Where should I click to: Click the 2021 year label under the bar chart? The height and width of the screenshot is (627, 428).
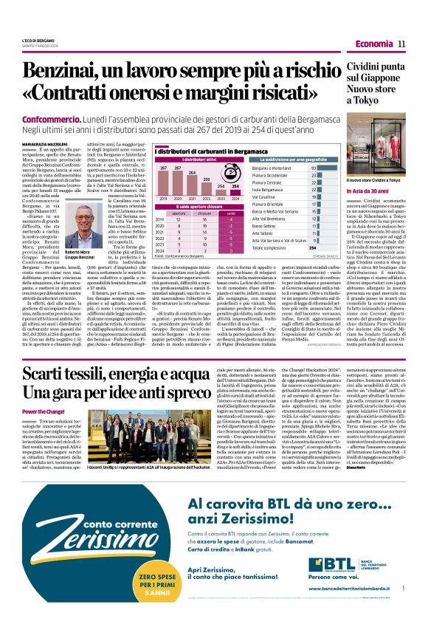pyautogui.click(x=192, y=199)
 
